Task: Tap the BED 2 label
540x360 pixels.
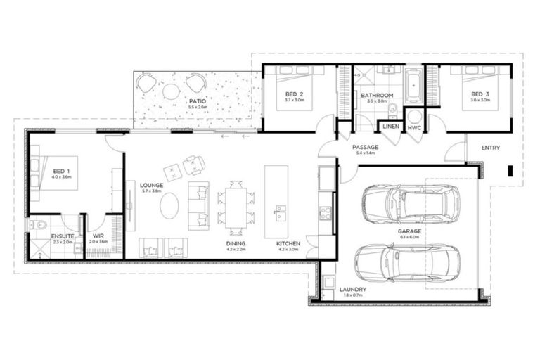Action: click(294, 94)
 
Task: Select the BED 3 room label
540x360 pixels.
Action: click(480, 94)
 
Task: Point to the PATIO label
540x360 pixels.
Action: click(197, 101)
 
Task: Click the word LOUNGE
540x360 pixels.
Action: click(151, 185)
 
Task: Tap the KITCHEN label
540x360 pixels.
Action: click(288, 243)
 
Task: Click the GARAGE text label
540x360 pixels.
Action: click(409, 231)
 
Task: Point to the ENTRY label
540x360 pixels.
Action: click(491, 148)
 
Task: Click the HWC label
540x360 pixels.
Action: click(414, 128)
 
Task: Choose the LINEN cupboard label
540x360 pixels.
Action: click(390, 127)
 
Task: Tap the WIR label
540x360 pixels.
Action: click(98, 236)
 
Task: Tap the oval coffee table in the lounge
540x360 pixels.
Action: click(169, 206)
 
